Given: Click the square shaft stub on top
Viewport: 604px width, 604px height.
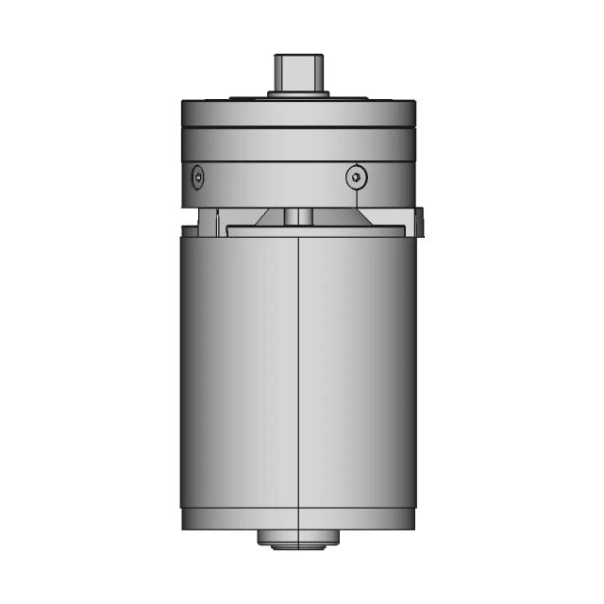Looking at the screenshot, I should [298, 71].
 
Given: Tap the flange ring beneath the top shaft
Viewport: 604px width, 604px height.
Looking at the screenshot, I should [298, 94].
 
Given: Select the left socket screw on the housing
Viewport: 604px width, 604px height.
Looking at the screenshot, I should [197, 176].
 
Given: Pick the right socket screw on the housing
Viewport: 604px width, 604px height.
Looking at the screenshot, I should [354, 176].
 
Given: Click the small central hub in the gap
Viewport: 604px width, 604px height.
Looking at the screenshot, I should [298, 216].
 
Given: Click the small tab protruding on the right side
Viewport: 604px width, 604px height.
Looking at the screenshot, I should [420, 222].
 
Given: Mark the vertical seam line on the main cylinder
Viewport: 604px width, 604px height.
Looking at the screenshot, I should [298, 377].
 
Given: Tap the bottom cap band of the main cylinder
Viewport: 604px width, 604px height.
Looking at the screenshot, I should [298, 518].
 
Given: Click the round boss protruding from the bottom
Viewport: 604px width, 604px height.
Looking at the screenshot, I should [298, 539].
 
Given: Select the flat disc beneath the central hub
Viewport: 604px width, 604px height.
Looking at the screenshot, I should [298, 228].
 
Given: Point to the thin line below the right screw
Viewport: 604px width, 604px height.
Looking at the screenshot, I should [357, 198].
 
